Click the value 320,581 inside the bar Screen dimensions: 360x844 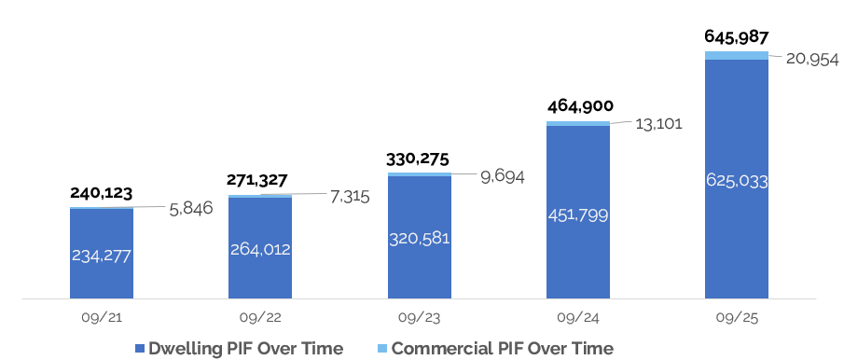point(419,238)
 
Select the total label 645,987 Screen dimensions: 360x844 point(737,36)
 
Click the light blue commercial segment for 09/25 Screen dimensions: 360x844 point(737,56)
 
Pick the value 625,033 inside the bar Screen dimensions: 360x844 point(737,181)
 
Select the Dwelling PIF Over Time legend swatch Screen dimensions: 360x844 point(140,349)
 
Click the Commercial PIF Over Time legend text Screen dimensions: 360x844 point(503,349)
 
